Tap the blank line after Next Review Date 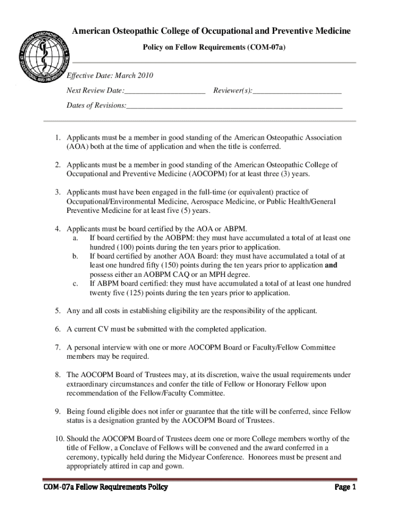[x=165, y=91]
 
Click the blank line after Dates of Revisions [x=234, y=105]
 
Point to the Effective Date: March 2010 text [x=110, y=76]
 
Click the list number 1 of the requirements [x=59, y=138]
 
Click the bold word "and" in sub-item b [x=331, y=265]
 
